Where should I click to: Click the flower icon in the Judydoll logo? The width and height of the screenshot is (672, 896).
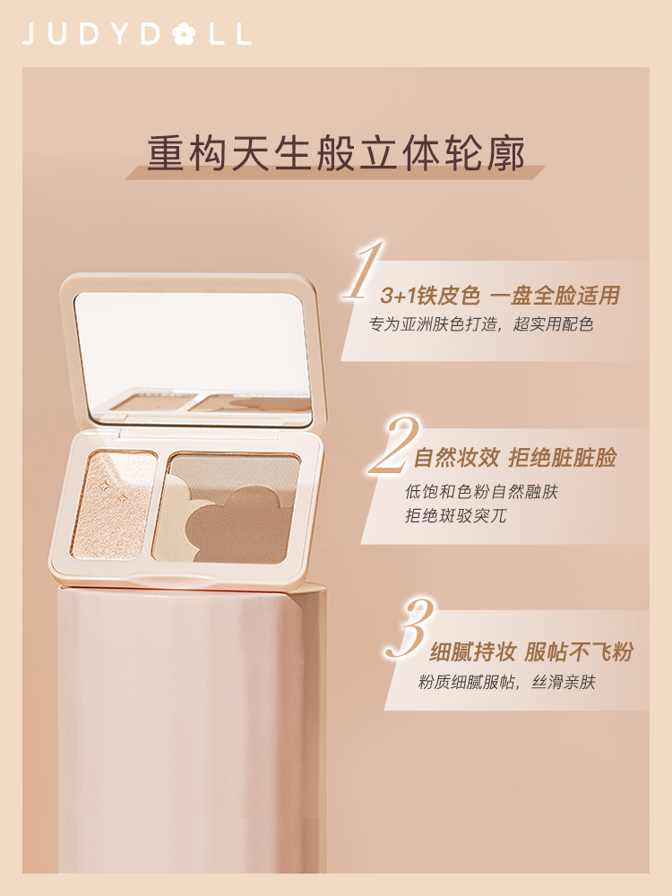[184, 34]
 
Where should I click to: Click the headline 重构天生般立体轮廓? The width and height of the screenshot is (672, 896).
[336, 152]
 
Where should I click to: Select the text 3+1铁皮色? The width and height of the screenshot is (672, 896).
[430, 296]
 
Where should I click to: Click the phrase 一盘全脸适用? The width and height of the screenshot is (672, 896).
[556, 296]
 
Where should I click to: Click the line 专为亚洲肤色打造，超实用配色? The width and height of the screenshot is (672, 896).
[481, 324]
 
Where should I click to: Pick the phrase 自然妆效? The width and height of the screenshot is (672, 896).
[457, 458]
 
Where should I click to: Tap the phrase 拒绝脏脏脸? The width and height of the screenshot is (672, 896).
[563, 458]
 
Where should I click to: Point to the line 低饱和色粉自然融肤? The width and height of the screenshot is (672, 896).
[481, 491]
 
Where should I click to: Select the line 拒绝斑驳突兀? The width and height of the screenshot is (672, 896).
[455, 515]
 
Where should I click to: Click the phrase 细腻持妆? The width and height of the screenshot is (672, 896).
[472, 652]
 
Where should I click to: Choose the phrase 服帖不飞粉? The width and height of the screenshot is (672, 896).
[579, 652]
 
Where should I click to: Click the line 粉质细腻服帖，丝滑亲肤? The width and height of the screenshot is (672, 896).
[507, 682]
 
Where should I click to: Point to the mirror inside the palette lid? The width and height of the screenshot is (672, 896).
[194, 358]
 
